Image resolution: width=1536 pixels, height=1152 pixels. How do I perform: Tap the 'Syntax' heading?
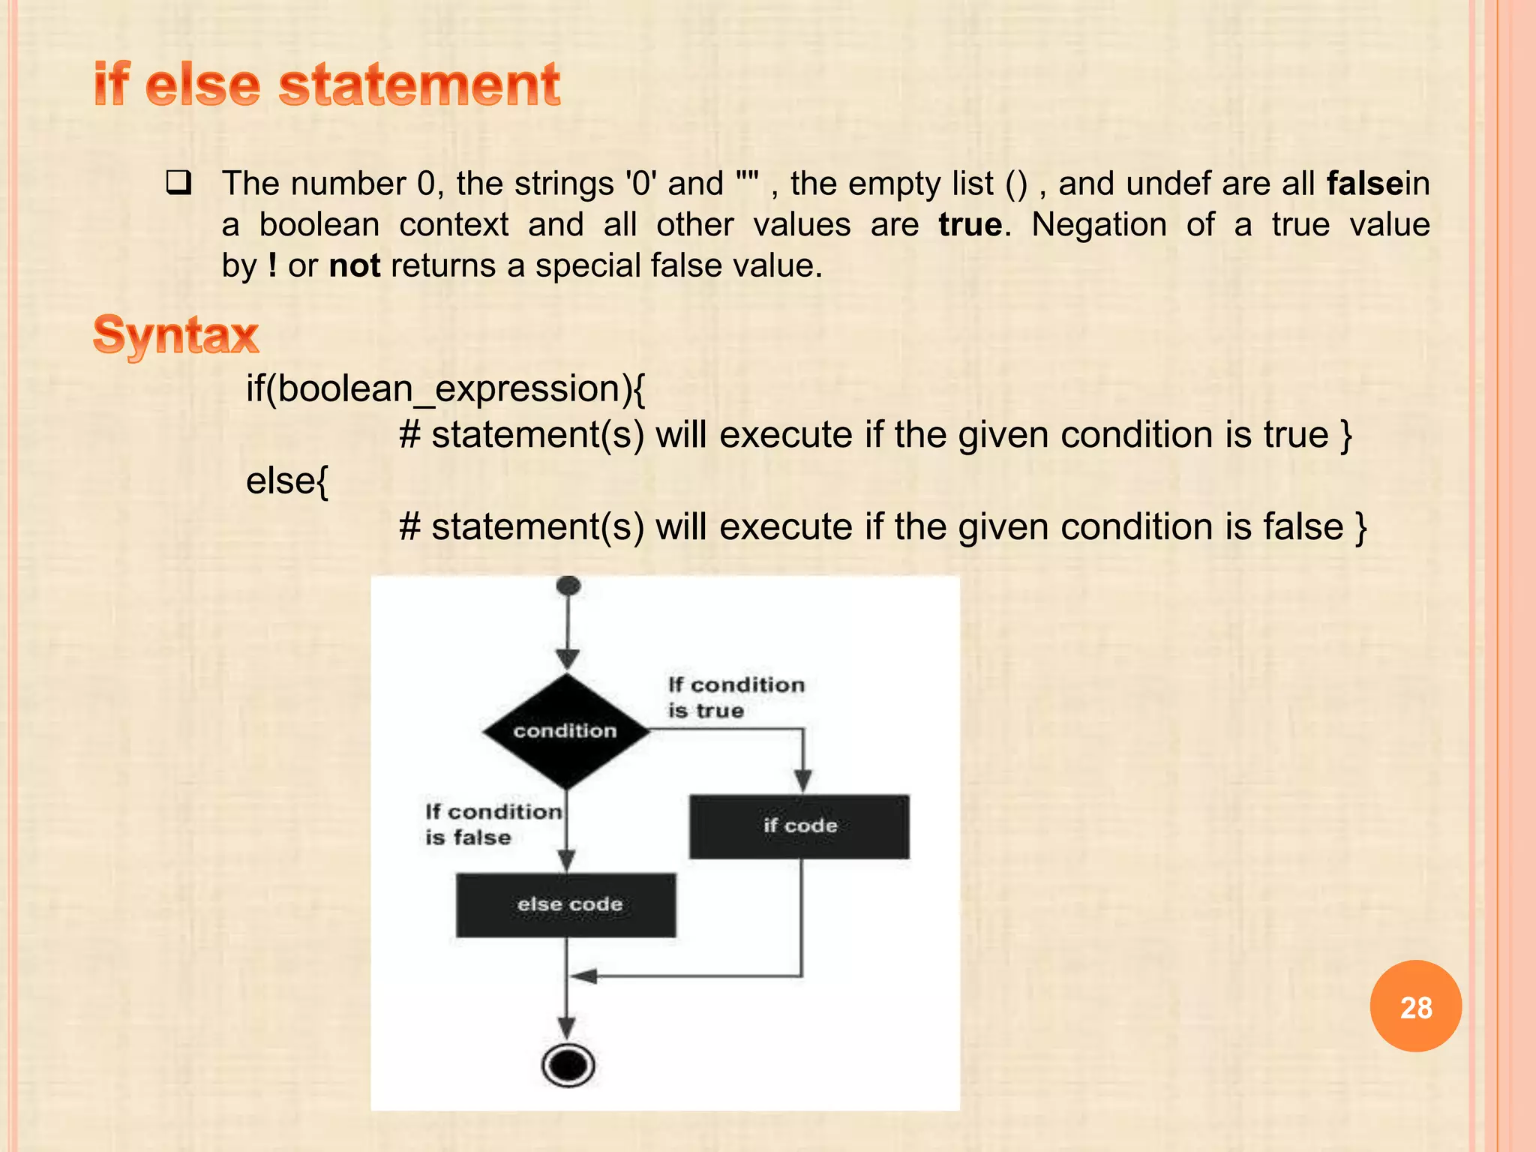click(x=175, y=334)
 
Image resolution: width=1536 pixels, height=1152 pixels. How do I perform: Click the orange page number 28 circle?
click(x=1415, y=1006)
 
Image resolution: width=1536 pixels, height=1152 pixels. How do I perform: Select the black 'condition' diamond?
click(x=566, y=730)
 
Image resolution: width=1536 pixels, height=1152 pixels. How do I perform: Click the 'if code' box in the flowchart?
click(x=799, y=826)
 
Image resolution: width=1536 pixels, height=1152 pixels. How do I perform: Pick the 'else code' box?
click(x=566, y=904)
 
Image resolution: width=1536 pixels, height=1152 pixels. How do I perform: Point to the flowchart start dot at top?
click(x=568, y=586)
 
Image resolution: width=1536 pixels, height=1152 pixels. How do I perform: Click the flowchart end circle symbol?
click(x=568, y=1065)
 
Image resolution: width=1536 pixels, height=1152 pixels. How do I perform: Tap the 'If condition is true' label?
click(x=736, y=697)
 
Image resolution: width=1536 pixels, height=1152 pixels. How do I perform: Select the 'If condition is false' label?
click(x=492, y=824)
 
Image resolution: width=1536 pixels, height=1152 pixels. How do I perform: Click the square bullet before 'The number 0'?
click(x=178, y=183)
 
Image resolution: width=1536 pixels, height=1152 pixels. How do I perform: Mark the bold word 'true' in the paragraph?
click(x=970, y=224)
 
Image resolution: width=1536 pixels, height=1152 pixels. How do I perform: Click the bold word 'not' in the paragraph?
click(x=355, y=265)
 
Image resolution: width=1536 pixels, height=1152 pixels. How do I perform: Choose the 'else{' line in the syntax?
click(x=287, y=481)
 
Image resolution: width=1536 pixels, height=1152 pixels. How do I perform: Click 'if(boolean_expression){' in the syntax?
click(x=445, y=388)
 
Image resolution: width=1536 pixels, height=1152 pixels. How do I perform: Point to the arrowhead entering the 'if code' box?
click(x=802, y=781)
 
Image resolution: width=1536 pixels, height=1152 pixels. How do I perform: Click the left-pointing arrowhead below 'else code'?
click(x=583, y=976)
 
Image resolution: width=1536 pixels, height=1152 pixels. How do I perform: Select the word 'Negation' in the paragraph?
click(x=1099, y=224)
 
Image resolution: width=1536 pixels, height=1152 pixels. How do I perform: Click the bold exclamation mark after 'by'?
click(x=272, y=265)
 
